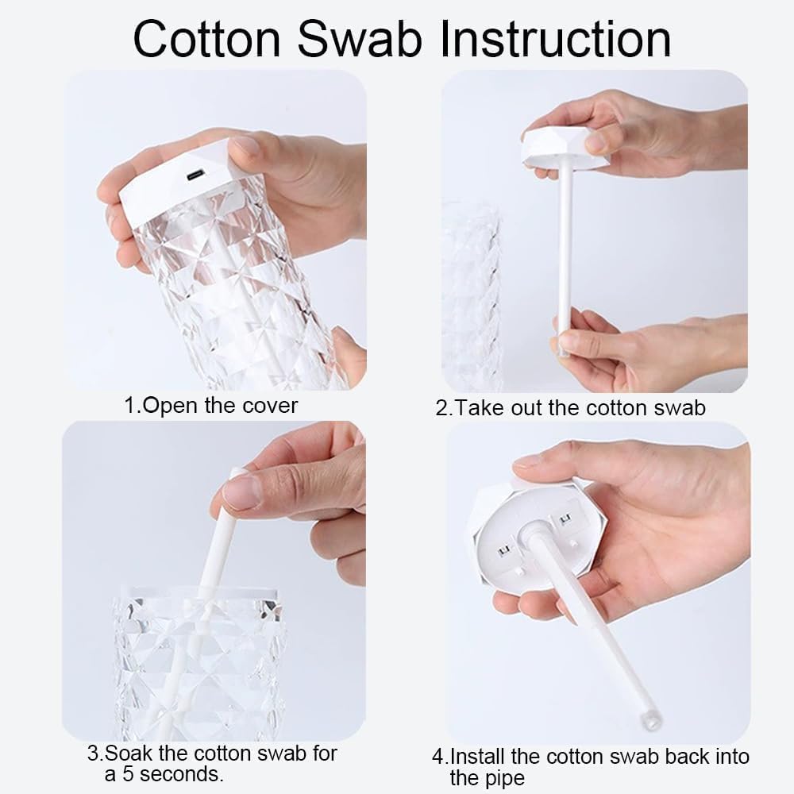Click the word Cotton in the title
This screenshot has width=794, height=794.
pos(206,39)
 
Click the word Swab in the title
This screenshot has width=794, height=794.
pos(360,39)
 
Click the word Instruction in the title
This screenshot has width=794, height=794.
pos(556,39)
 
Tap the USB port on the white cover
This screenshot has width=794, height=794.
pos(196,175)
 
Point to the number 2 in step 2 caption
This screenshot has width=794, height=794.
pos(442,408)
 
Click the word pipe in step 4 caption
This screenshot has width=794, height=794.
pos(504,779)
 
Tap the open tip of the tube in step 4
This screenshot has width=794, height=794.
pos(651,719)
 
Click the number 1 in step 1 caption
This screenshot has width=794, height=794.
pos(129,406)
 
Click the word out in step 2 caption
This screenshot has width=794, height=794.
pos(527,408)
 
